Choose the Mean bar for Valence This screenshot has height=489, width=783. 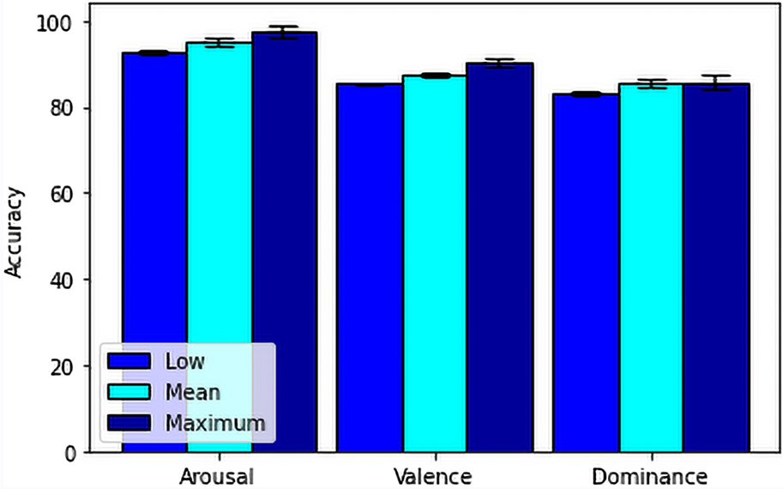point(434,257)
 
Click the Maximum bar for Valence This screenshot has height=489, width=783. point(499,257)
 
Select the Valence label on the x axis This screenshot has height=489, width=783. point(434,475)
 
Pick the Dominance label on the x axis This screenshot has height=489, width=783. point(651,475)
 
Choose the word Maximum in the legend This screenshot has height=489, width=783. point(215,422)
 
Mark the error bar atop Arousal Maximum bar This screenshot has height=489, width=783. point(284,32)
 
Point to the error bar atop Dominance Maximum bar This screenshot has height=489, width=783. point(716,82)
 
